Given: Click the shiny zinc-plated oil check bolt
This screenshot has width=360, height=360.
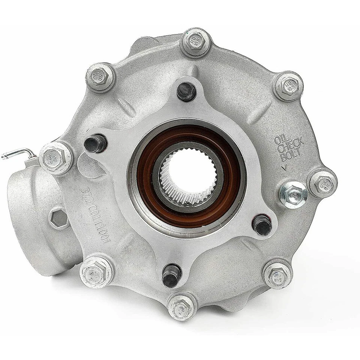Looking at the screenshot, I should (x=293, y=194).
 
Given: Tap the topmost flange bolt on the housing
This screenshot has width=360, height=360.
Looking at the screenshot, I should (x=195, y=43).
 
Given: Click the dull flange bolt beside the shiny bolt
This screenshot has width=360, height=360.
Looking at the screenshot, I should (x=322, y=183).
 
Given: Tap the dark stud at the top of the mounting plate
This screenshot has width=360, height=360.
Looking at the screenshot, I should (x=186, y=91).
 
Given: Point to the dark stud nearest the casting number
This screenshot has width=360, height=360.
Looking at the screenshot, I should (x=95, y=143).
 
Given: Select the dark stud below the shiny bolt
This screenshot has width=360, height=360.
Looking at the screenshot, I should (x=262, y=225).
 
